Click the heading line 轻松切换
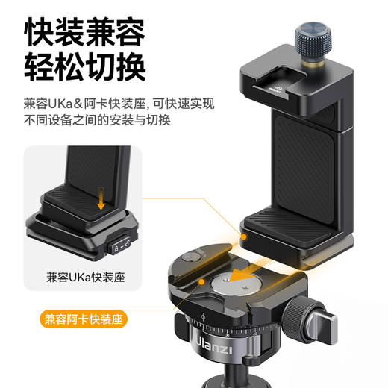coord(83,68)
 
